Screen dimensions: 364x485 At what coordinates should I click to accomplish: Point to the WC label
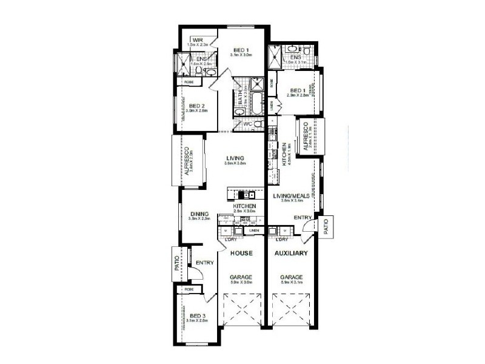tap(247, 124)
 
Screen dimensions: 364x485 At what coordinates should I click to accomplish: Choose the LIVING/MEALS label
tap(292, 196)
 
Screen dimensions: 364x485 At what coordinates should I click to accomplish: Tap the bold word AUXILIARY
tap(292, 252)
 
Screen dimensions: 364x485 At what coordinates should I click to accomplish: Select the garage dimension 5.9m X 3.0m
tap(241, 282)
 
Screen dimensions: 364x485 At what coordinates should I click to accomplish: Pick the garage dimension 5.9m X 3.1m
tap(292, 282)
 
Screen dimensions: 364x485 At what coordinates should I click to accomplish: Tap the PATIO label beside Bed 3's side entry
tap(178, 264)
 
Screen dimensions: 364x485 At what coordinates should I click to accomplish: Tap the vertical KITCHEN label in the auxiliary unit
tap(283, 154)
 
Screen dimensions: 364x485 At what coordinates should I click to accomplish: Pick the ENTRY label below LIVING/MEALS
tap(303, 217)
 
